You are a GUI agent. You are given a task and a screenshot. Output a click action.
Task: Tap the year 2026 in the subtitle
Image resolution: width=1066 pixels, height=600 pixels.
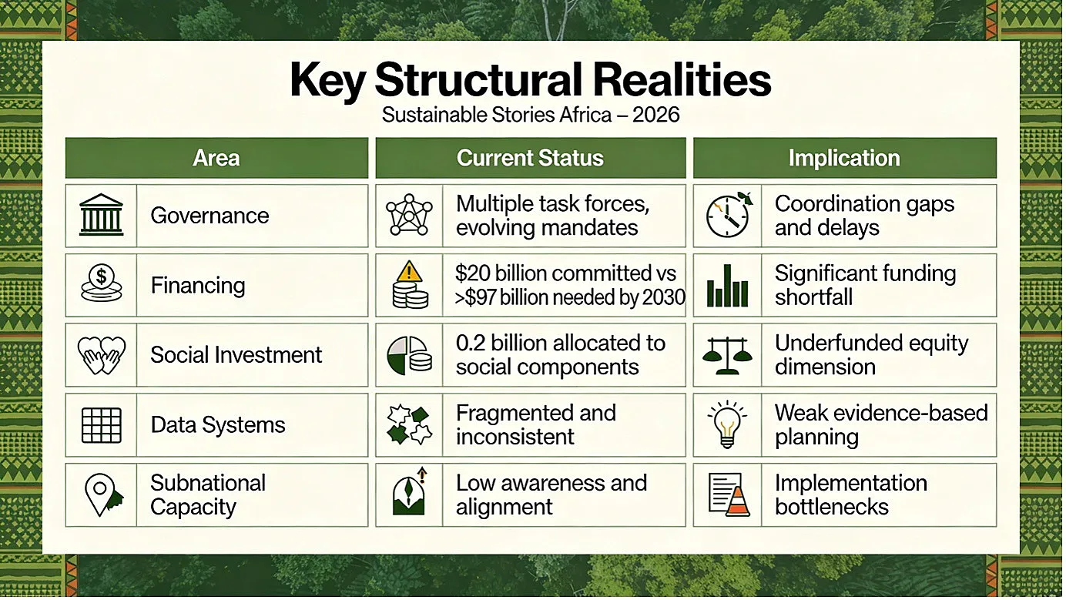655,115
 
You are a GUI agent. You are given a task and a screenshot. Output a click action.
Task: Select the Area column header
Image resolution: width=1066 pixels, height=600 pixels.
216,158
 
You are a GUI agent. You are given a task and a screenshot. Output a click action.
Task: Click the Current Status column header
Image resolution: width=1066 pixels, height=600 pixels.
530,158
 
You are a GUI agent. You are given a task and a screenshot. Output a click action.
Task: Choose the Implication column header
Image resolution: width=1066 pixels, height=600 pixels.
844,158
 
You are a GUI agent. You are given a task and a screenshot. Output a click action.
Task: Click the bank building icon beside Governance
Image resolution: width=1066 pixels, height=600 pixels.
102,215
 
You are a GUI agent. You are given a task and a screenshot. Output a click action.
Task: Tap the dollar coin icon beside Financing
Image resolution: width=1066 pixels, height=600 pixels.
102,283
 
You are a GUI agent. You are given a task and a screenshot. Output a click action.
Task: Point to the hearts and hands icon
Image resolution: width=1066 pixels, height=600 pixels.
102,355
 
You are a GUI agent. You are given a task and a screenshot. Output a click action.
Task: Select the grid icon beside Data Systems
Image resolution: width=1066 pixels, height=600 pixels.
102,425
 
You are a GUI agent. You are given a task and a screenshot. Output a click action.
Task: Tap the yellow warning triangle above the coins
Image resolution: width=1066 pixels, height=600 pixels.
409,271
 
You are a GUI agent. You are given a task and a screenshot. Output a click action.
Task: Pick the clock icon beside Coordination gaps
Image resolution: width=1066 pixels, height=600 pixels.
726,216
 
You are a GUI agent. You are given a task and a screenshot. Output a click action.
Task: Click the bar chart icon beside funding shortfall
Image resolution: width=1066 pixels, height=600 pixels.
727,286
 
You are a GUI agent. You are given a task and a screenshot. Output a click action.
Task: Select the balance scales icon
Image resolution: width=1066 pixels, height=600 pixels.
727,355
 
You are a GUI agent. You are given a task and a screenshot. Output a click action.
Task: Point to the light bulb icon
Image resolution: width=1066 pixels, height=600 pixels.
727,424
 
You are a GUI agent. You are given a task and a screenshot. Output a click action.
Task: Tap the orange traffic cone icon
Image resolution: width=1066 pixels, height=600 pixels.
738,501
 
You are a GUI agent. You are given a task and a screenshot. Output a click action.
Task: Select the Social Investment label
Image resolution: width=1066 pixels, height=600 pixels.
236,355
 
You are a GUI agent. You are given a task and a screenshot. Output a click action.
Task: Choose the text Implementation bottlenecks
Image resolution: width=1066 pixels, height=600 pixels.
851,494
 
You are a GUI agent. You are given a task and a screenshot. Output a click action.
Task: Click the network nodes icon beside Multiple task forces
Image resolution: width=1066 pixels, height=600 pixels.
409,215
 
